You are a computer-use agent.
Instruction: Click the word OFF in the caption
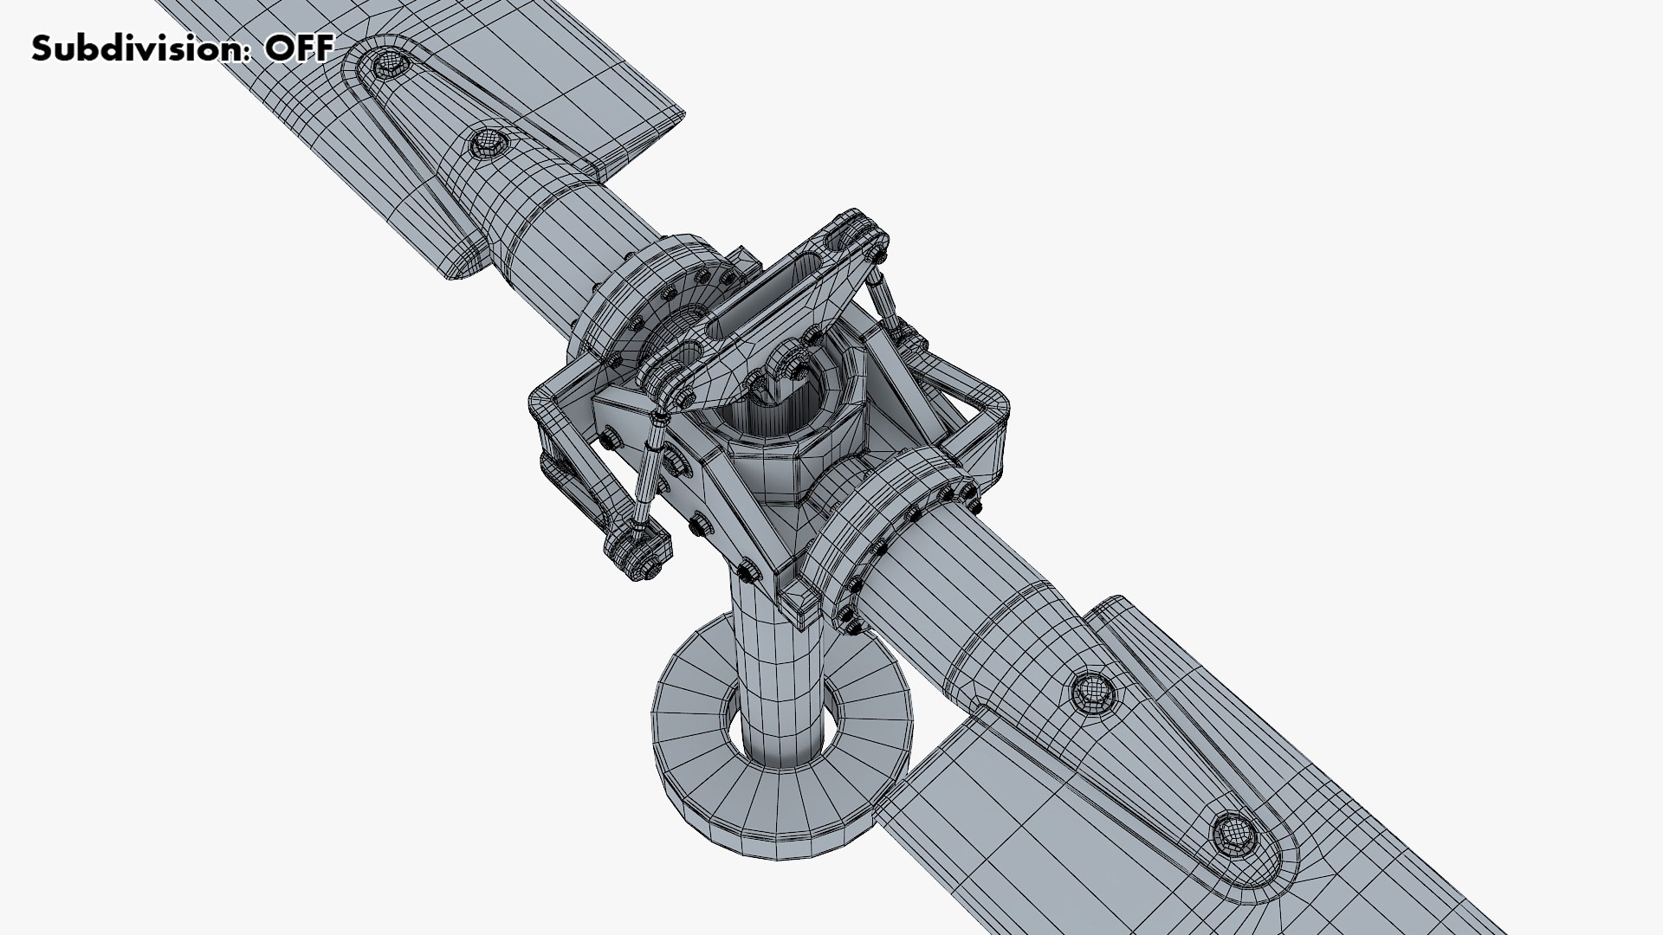[x=298, y=48]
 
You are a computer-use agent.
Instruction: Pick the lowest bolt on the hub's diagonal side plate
[x=747, y=569]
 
